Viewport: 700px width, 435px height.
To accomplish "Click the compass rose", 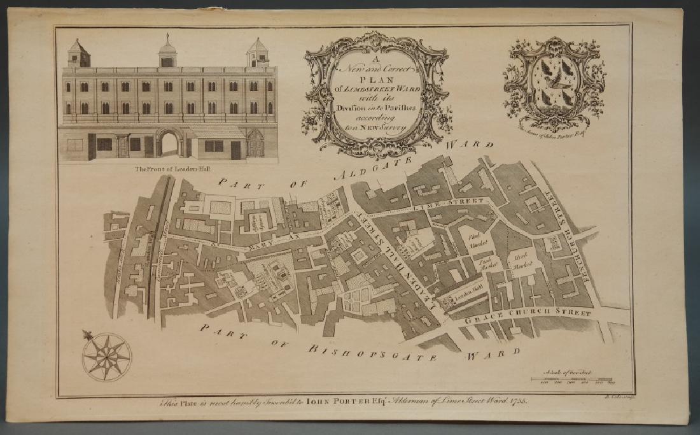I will [x=106, y=357].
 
